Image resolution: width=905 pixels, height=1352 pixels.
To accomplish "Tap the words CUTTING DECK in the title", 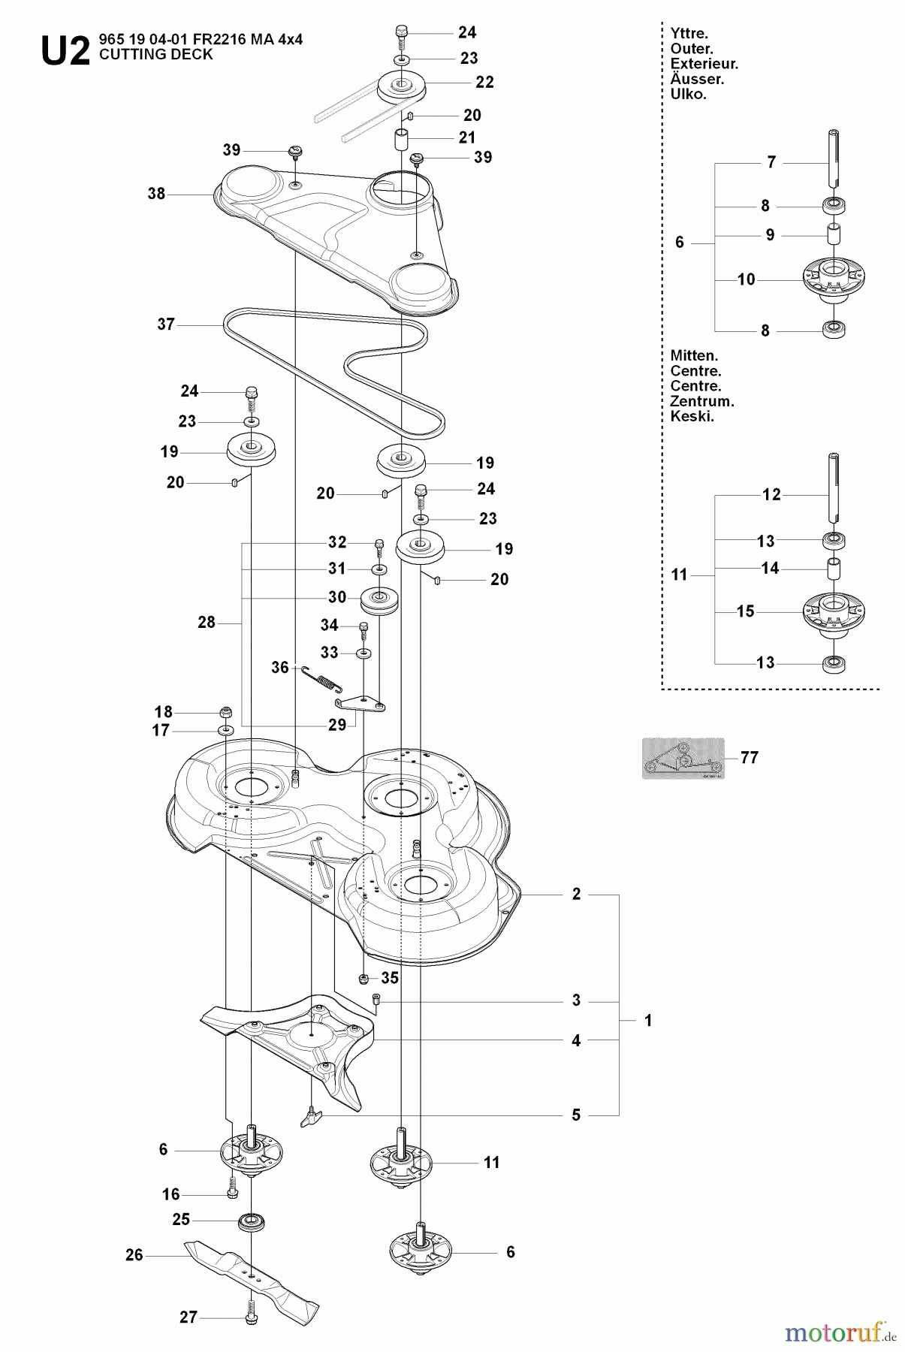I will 155,55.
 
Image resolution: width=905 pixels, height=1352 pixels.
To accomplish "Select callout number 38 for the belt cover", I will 156,194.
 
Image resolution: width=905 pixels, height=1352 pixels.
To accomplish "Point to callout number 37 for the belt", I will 166,324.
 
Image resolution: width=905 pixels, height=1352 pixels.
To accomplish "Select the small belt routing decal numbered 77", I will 683,758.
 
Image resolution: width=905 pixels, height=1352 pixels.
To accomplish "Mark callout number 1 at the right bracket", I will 648,1021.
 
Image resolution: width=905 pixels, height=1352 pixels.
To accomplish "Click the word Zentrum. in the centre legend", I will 701,401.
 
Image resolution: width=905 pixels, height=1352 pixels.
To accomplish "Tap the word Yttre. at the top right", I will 689,34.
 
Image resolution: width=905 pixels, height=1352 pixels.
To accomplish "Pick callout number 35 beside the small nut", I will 390,978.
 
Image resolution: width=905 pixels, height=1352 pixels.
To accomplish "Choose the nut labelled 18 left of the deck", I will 225,712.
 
